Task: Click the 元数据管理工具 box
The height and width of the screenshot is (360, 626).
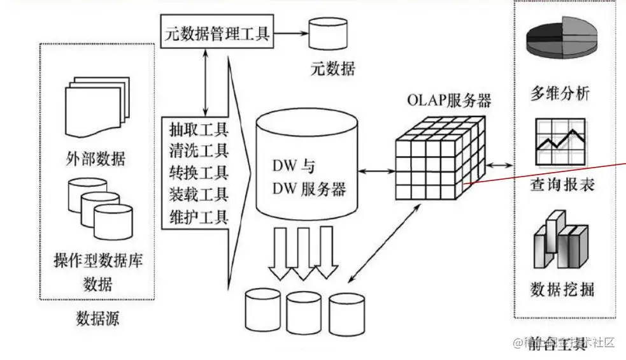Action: coord(216,32)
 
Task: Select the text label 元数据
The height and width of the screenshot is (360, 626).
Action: coord(332,69)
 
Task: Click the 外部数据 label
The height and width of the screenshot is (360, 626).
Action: coord(96,158)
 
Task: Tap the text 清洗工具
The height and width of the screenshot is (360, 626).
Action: coord(199,152)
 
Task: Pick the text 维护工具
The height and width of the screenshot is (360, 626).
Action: coord(199,217)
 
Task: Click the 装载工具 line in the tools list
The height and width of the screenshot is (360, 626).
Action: coord(199,195)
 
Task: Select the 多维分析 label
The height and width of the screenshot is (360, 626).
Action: coord(560,94)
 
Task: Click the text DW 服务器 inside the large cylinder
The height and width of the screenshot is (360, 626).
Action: coord(309,189)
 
